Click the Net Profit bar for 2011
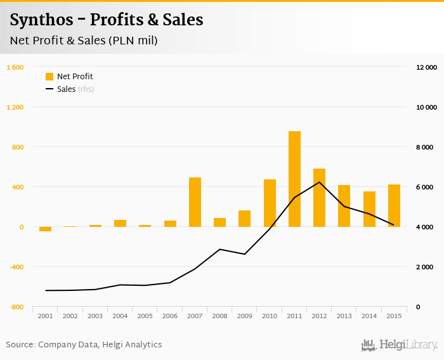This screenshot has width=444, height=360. click(294, 179)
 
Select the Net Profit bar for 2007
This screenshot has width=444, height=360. click(195, 202)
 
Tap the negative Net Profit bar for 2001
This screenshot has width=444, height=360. click(45, 229)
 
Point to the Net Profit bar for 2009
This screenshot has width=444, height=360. click(245, 219)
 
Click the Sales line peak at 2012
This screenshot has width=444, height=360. click(319, 183)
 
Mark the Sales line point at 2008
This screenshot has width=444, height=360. click(219, 249)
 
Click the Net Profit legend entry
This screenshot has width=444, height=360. click(69, 77)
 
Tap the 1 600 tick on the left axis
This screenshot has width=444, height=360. click(15, 67)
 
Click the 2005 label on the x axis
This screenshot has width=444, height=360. click(145, 316)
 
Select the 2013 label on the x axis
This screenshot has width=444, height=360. click(344, 316)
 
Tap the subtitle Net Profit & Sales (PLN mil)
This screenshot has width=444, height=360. click(84, 41)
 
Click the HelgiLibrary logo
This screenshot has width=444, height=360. click(399, 345)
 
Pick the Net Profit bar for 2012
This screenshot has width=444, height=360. click(319, 198)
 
